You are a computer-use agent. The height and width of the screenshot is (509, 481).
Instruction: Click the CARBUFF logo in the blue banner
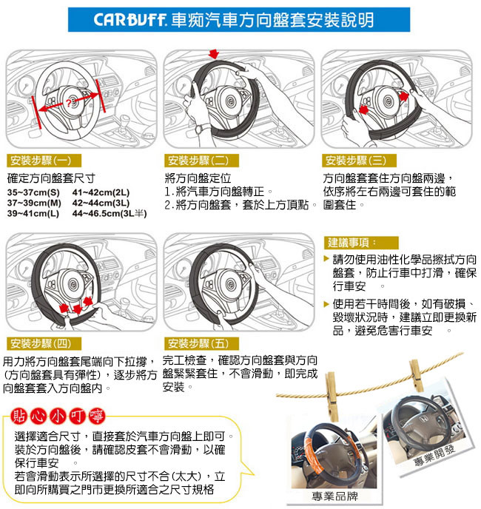coord(130,20)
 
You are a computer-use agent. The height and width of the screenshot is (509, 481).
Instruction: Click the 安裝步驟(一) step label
coord(44,161)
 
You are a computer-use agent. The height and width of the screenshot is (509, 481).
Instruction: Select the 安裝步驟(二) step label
coord(201,161)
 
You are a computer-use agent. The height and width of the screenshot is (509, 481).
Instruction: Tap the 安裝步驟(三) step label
coord(359,161)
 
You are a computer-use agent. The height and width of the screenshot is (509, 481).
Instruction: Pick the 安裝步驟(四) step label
coord(44,343)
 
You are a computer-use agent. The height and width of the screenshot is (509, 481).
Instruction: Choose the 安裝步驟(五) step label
coord(201,343)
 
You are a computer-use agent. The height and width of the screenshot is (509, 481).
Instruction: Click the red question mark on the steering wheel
coord(68,104)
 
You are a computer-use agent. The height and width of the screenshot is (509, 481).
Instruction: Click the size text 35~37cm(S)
coord(33,192)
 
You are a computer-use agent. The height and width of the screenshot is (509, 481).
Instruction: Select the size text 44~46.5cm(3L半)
coord(110,214)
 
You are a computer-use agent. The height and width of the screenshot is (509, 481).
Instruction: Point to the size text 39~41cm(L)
coord(33,214)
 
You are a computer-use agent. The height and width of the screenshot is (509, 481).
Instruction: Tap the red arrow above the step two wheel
coord(214,54)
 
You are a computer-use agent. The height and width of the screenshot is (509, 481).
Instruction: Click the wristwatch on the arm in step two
coord(199,129)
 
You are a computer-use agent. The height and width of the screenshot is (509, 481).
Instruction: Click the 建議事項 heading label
coord(361,243)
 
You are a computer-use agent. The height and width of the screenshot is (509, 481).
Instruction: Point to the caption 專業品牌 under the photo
coord(334,496)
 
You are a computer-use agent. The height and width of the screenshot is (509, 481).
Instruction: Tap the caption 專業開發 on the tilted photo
coord(434,455)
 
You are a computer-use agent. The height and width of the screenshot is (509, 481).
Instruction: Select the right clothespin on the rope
coord(416,376)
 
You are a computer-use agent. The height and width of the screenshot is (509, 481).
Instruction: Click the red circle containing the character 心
coord(38,417)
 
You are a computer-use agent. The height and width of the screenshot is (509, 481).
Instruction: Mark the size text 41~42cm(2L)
coord(101,192)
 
